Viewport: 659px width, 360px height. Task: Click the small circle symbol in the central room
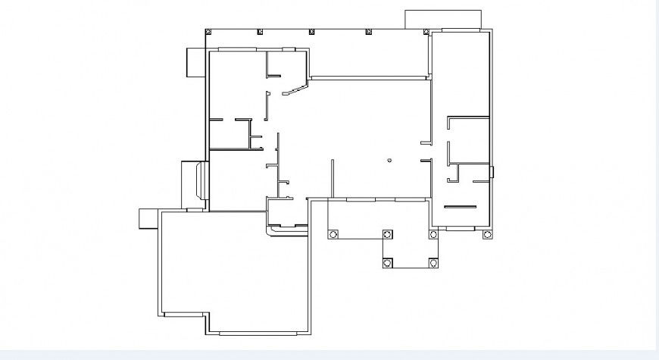389,160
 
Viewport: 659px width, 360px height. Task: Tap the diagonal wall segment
295,91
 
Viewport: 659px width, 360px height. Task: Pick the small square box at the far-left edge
146,218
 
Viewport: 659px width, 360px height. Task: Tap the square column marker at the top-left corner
208,32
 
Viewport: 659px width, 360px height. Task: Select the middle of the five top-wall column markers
311,32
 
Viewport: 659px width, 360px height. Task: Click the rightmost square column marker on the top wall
426,32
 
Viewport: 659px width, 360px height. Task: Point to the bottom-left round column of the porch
388,262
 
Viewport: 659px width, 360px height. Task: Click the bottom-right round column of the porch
433,262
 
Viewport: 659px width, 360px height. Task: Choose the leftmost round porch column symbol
333,235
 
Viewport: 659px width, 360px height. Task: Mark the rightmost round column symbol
487,235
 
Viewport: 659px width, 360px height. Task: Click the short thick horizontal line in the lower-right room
460,206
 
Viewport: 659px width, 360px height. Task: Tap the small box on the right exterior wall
492,172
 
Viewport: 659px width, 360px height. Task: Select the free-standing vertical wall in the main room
332,179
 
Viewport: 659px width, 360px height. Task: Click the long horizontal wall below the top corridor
370,77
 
